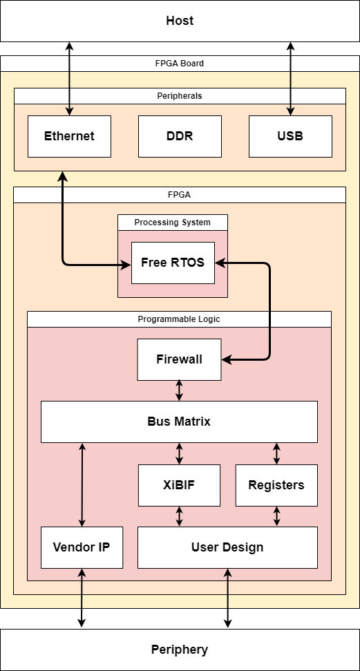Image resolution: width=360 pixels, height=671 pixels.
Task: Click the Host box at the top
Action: point(180,21)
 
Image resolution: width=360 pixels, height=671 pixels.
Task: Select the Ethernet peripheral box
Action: point(69,136)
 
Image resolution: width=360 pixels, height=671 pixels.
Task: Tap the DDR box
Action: point(180,136)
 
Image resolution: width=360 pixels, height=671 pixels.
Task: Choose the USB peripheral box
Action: point(290,136)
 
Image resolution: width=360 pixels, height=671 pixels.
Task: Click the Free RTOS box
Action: point(173,263)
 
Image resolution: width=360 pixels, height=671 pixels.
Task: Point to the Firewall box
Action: point(179,359)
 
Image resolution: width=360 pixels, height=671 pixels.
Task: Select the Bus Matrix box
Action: point(179,422)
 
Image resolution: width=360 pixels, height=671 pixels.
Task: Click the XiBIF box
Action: point(179,485)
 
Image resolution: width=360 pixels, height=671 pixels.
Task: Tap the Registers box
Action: point(276,485)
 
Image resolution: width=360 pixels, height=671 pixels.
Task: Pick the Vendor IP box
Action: point(82,547)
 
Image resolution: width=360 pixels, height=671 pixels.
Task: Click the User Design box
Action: point(227,547)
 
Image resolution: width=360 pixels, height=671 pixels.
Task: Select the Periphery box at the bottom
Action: point(180,650)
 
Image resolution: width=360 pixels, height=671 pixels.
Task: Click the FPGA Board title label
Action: point(180,64)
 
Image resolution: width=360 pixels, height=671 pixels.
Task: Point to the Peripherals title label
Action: point(180,96)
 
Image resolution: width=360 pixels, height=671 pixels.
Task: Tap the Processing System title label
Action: point(172,223)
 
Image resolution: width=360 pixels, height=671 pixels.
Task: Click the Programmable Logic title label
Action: point(179,319)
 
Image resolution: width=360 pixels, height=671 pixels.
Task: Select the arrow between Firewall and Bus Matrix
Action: point(180,390)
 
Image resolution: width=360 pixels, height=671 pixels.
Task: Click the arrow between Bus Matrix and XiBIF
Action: point(180,453)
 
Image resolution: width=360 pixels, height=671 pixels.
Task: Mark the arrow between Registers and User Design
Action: point(277,516)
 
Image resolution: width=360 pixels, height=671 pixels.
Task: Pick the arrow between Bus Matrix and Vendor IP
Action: point(82,484)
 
